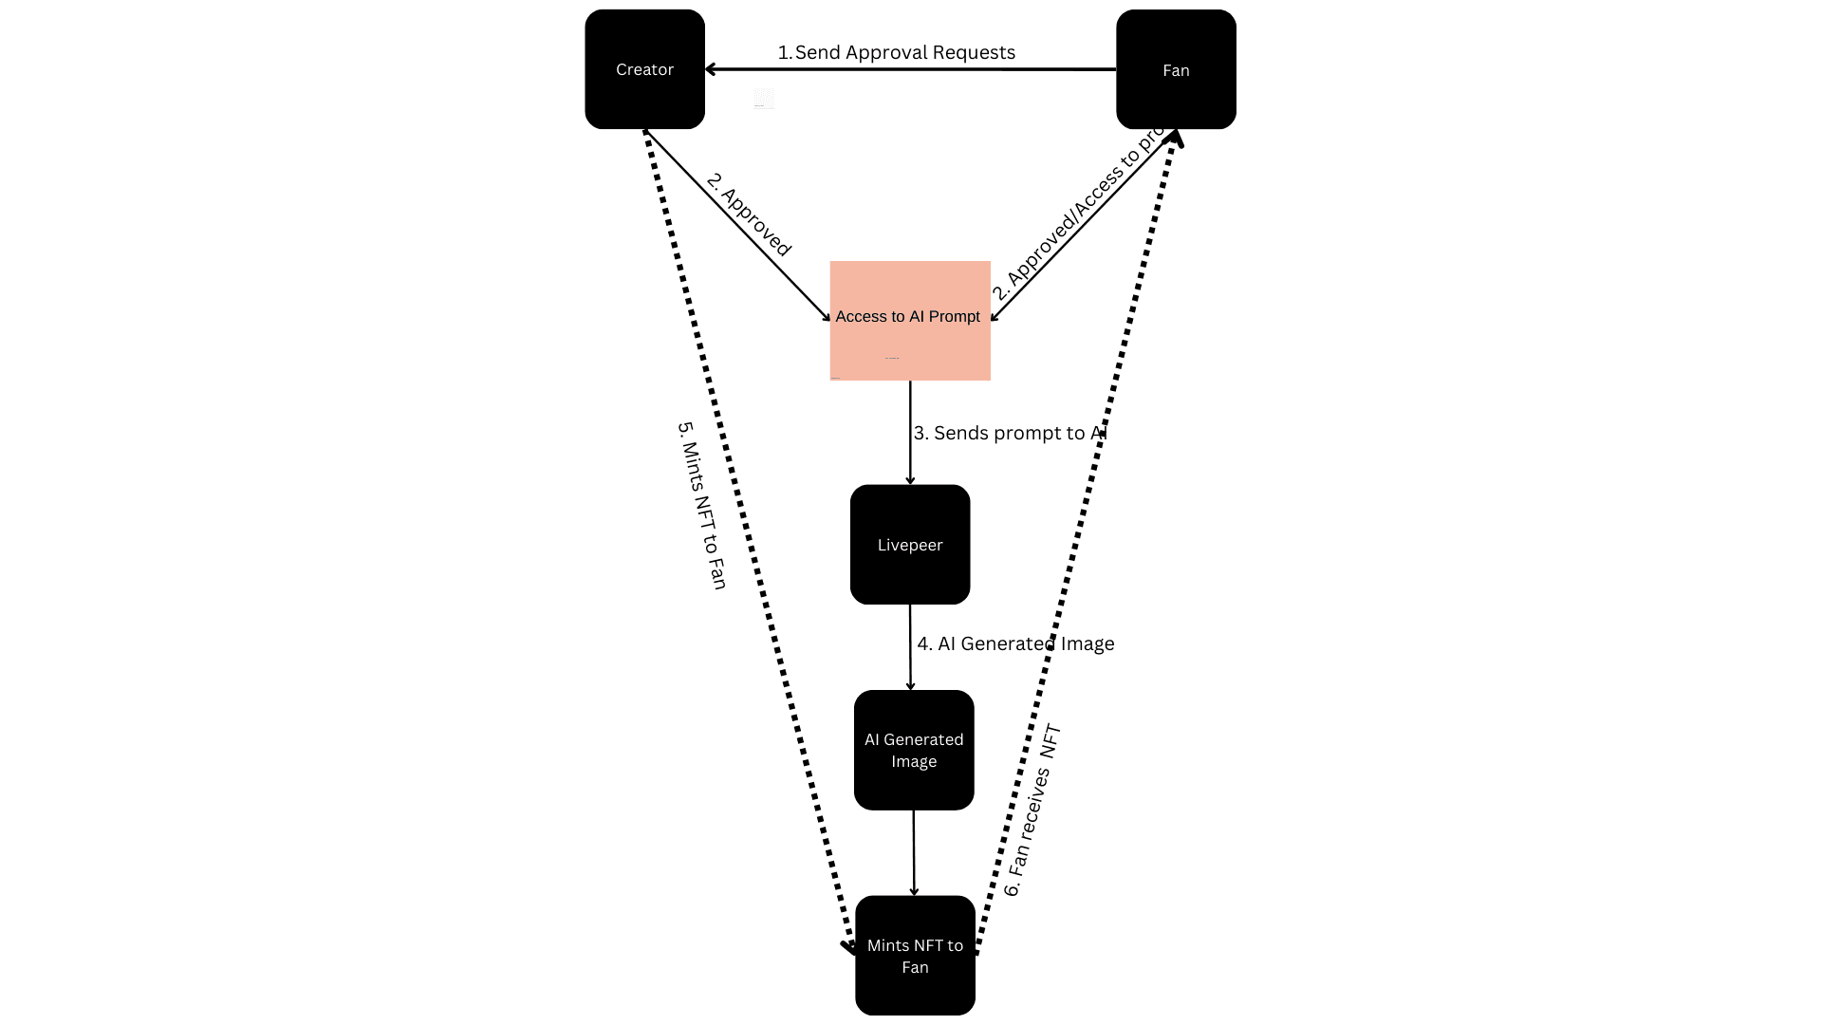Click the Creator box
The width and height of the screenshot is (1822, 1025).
click(644, 69)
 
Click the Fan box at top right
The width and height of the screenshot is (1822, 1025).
click(1176, 69)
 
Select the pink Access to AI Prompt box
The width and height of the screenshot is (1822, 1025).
click(909, 320)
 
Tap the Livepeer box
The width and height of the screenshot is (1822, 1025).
click(909, 544)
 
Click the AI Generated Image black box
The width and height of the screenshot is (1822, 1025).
click(913, 750)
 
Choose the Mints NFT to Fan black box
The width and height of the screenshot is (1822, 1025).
click(914, 955)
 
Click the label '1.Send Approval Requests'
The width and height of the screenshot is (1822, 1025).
click(896, 52)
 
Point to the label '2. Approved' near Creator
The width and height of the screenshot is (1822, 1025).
click(749, 214)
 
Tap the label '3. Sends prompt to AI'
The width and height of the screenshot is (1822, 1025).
click(1010, 433)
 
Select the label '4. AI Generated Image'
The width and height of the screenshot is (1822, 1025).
click(1014, 643)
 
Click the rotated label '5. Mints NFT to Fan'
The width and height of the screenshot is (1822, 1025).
click(702, 505)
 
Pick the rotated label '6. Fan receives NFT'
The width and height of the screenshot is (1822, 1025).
click(1032, 811)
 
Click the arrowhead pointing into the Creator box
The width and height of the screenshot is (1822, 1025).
click(711, 69)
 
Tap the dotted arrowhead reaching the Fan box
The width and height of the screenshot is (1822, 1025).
click(1176, 139)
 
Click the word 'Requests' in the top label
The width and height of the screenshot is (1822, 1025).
click(974, 52)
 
